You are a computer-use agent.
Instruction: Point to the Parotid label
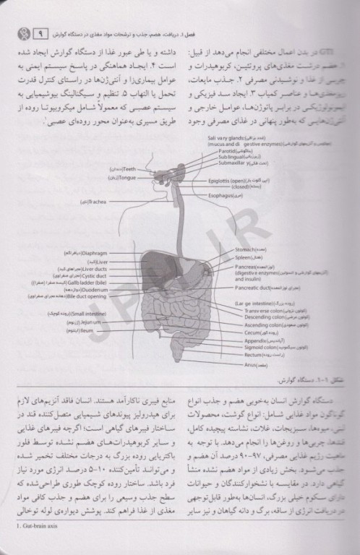(219, 150)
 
